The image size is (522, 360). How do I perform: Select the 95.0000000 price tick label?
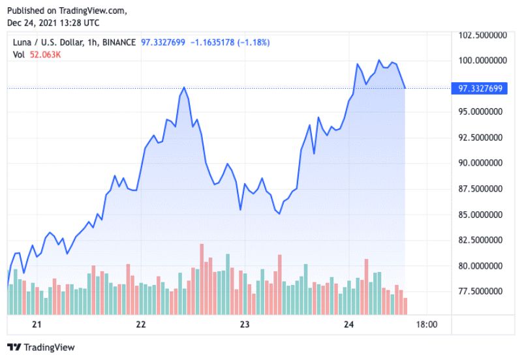point(481,112)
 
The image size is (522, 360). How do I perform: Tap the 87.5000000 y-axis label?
point(481,188)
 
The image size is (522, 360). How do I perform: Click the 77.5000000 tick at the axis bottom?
point(481,291)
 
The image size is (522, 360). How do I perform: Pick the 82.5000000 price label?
point(481,240)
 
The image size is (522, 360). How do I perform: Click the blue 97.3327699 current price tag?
point(479,88)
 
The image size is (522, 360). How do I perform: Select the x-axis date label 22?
point(140,324)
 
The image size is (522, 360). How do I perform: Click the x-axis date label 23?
point(245,324)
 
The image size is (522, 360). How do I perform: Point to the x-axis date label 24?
point(348,324)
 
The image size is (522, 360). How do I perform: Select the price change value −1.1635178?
point(209,42)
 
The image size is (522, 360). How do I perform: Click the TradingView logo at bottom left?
point(40,347)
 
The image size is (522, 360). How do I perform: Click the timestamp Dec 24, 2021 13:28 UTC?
point(54,23)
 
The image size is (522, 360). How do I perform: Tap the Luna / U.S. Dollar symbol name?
point(44,42)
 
